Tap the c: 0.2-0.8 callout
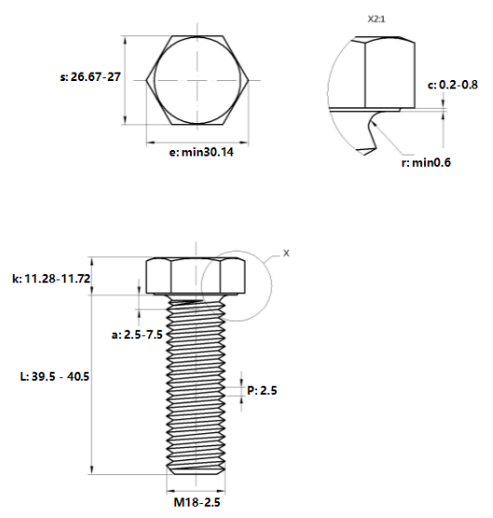click(x=453, y=85)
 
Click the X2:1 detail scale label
click(x=379, y=17)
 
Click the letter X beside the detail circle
click(x=286, y=252)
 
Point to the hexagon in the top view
click(x=196, y=79)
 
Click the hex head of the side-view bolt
click(x=194, y=277)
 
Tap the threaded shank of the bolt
click(x=195, y=382)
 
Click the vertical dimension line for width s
click(x=124, y=79)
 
